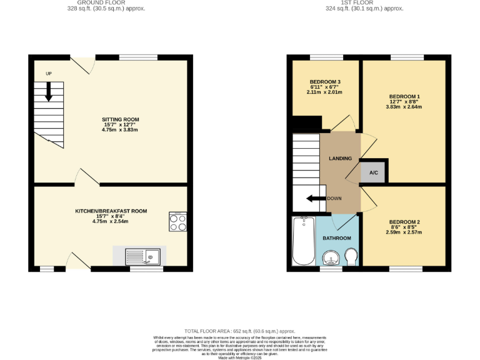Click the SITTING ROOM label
(120, 119)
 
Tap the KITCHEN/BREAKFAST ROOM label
(111, 211)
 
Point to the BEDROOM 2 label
(404, 222)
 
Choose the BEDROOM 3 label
(325, 82)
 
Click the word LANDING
(341, 158)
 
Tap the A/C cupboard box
(373, 172)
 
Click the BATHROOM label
(336, 238)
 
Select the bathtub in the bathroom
(304, 241)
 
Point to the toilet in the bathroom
(351, 256)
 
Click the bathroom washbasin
(331, 258)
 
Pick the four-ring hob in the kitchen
(177, 222)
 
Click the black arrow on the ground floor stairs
(49, 93)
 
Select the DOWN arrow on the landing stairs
(316, 199)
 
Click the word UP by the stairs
(49, 74)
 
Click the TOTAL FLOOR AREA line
(239, 331)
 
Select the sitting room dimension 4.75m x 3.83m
(120, 130)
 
